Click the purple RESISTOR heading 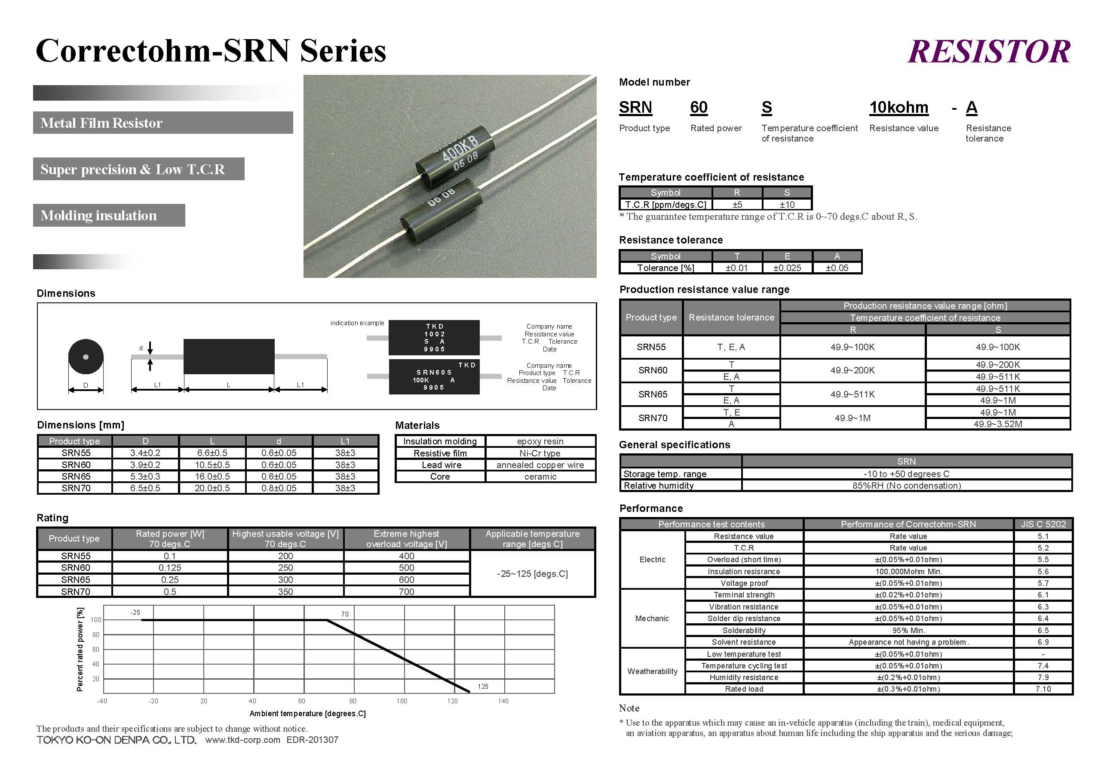(x=989, y=52)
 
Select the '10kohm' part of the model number (x=899, y=108)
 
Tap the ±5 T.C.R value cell (x=737, y=204)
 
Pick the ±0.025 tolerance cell (x=787, y=268)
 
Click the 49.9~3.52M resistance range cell (x=997, y=424)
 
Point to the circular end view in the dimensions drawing (x=86, y=357)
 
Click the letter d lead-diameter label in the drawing (x=141, y=348)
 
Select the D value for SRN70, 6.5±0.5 (x=145, y=488)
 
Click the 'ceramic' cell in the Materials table (x=540, y=476)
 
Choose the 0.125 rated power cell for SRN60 (x=170, y=567)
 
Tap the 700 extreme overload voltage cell (x=406, y=591)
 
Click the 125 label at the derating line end (x=483, y=687)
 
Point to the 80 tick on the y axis (x=96, y=634)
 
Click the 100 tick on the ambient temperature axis (x=402, y=701)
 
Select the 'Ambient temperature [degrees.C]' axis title (x=307, y=713)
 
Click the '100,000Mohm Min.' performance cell (x=908, y=571)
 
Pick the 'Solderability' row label (x=744, y=630)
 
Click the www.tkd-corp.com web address (x=242, y=740)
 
